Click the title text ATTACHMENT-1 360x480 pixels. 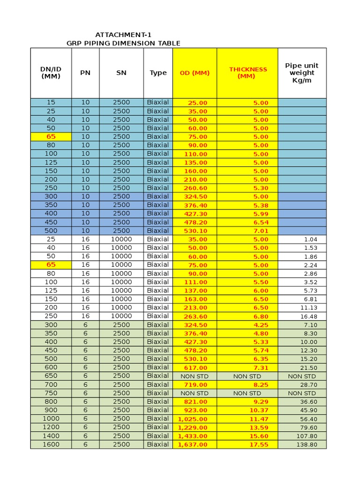point(123,35)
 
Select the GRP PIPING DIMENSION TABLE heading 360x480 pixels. point(123,43)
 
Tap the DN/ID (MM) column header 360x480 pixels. point(51,73)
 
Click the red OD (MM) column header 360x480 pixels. point(195,73)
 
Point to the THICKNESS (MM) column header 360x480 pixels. point(247,73)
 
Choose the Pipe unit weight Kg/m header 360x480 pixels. point(302,73)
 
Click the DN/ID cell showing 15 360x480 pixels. point(51,102)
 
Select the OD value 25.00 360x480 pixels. point(197,103)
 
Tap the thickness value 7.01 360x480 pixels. point(261,231)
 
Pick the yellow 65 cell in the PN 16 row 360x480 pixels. point(51,265)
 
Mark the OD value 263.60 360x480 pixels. point(196,316)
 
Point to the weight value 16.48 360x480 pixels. point(309,316)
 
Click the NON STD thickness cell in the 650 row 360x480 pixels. point(247,376)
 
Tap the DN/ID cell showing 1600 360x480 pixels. point(51,444)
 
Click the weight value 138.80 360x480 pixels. point(307,444)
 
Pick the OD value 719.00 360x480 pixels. point(196,384)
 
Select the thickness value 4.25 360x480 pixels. point(261,325)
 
